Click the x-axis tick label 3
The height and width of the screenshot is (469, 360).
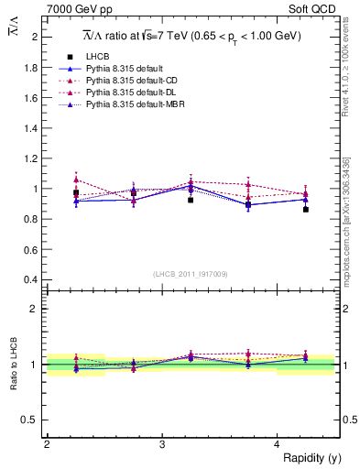pos(162,444)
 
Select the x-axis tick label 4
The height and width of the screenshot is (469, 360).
pos(278,444)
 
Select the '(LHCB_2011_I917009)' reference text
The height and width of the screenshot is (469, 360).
pos(191,274)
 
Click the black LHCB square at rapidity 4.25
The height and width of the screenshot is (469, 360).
pos(306,210)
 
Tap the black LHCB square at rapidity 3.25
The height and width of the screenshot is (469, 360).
pos(191,200)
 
